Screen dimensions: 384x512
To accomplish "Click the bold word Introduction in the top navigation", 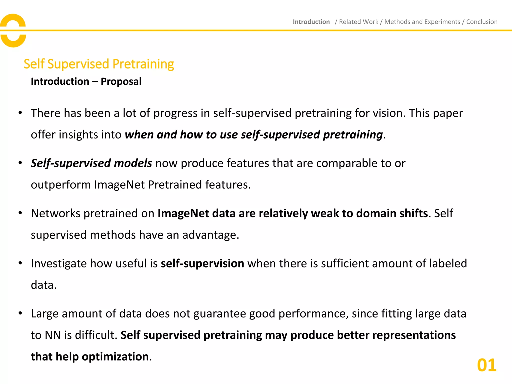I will [311, 22].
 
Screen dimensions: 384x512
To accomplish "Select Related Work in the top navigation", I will [358, 22].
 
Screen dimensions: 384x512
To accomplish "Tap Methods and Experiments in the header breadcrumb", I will [422, 22].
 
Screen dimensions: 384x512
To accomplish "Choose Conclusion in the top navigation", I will [482, 22].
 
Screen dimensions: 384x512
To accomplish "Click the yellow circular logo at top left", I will [13, 30].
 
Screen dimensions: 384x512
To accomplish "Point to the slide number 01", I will [486, 365].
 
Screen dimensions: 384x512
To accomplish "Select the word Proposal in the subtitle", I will [121, 81].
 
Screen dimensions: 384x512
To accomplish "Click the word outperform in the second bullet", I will [61, 185].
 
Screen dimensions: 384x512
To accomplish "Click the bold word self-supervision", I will [202, 263].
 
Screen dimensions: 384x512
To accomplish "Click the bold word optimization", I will [115, 356].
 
